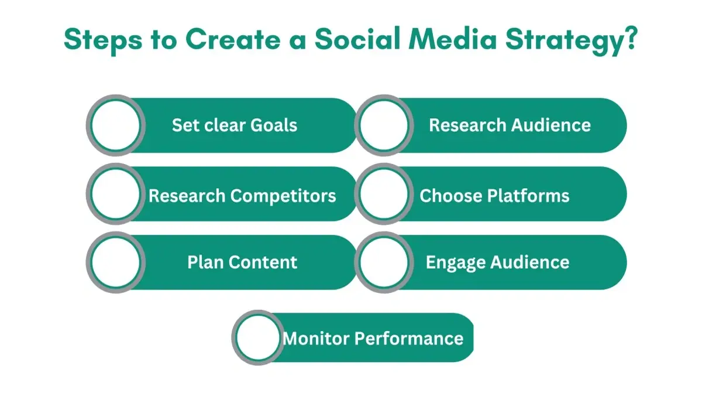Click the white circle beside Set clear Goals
point(115,125)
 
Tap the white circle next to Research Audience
point(384,125)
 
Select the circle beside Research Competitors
point(115,194)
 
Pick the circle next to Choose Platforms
point(384,194)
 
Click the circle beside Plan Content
point(115,262)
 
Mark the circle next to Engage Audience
point(384,262)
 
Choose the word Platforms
point(531,195)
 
